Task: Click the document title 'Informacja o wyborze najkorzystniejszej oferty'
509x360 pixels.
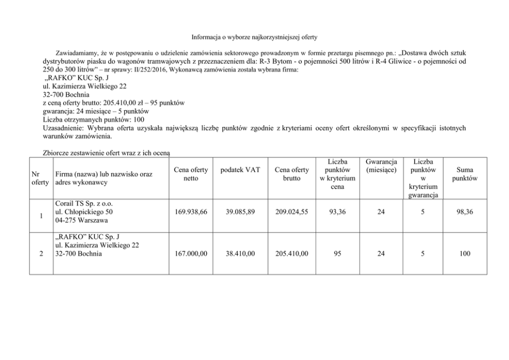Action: click(x=254, y=37)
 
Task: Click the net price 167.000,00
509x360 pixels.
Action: click(x=191, y=253)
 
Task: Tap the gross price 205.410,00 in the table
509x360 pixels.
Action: click(x=291, y=253)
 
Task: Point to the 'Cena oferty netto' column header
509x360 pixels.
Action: click(x=191, y=174)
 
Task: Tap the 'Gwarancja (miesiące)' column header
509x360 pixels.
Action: click(x=380, y=166)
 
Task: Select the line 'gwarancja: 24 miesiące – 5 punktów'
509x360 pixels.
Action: click(x=96, y=111)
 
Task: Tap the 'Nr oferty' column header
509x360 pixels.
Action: click(x=39, y=178)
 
